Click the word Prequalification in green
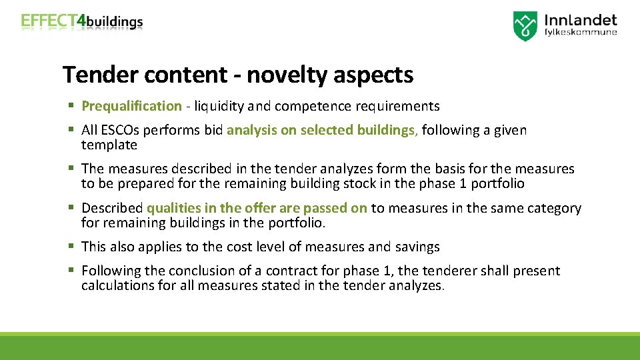131,106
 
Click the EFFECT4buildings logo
82,21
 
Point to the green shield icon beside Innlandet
525,26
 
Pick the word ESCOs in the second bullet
120,130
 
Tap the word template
109,145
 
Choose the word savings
417,247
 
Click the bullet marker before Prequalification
70,106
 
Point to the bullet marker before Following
70,271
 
